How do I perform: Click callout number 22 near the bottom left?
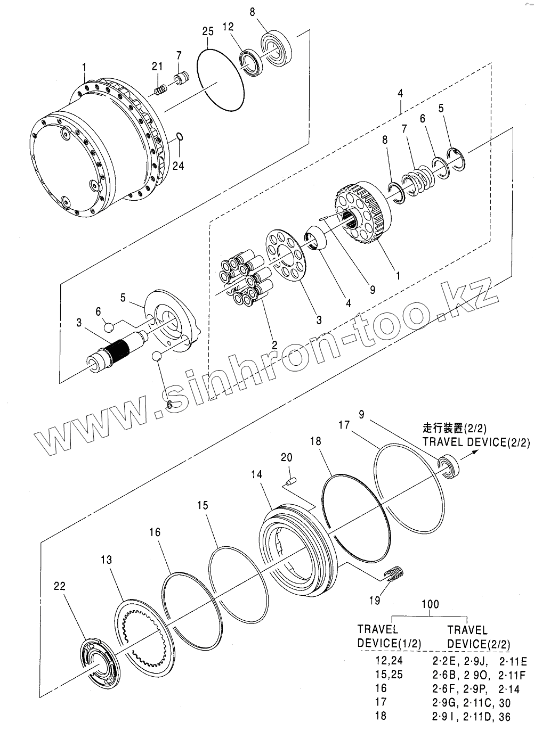(60, 586)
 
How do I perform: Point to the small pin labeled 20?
(290, 482)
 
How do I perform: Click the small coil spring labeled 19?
(393, 574)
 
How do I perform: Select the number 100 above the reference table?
(430, 604)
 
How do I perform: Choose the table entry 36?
(504, 717)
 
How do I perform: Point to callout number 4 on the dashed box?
(400, 94)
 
